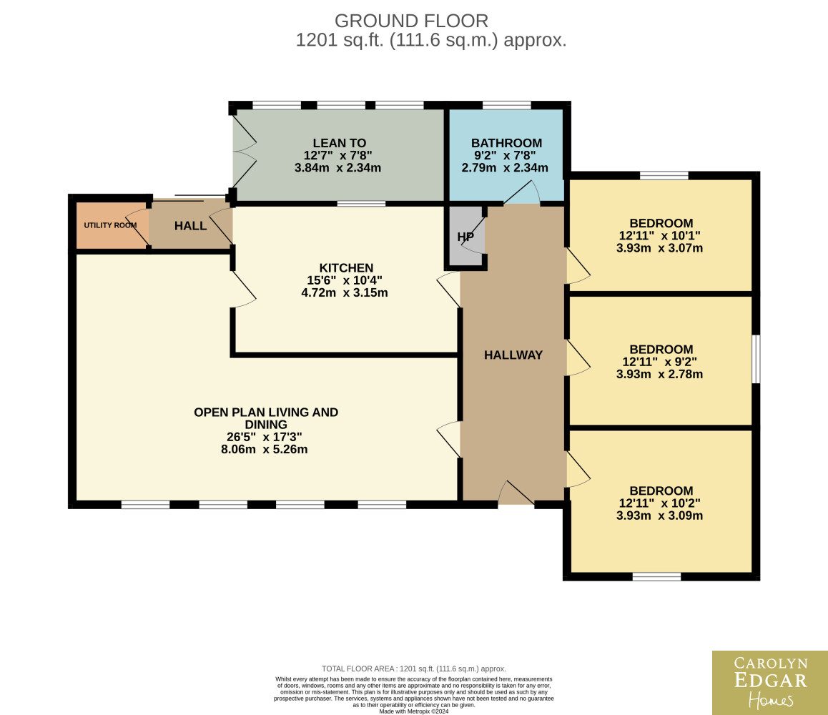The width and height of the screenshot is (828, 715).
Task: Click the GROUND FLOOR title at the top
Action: click(411, 21)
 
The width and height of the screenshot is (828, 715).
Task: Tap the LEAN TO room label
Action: click(339, 143)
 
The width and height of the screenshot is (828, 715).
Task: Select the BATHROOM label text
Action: click(506, 143)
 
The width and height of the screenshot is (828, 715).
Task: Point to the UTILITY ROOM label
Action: click(110, 225)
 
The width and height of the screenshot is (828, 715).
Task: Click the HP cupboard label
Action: click(465, 237)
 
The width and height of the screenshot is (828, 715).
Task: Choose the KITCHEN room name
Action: click(346, 267)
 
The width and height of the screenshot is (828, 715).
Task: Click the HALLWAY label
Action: click(513, 355)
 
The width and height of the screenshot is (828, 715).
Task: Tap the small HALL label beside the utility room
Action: click(190, 226)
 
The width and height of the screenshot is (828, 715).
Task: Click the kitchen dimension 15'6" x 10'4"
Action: click(345, 280)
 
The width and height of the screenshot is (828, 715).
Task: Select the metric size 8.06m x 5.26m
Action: click(264, 450)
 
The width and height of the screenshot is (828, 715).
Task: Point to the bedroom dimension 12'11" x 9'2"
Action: click(659, 362)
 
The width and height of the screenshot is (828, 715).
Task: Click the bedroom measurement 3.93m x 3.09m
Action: click(659, 516)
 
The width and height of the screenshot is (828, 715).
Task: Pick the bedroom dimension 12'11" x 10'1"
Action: click(659, 235)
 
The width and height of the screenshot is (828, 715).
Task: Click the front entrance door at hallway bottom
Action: click(516, 493)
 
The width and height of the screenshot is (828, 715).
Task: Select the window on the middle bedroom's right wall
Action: click(756, 358)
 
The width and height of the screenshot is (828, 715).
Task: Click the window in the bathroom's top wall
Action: click(506, 105)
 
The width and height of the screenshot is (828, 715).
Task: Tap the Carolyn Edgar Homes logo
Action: click(770, 683)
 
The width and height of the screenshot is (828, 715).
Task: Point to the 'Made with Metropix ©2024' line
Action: click(414, 711)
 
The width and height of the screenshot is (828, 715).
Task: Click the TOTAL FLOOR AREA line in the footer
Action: click(414, 669)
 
